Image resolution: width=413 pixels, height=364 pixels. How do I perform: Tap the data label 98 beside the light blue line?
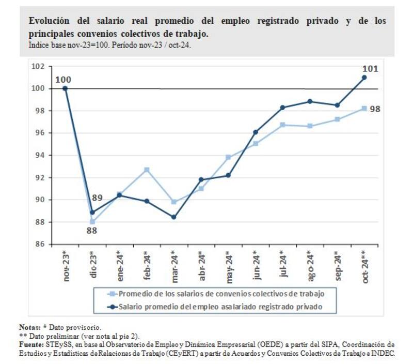click(375, 110)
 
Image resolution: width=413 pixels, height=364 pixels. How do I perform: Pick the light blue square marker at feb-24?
click(147, 170)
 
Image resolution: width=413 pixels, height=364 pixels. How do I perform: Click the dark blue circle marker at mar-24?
click(174, 217)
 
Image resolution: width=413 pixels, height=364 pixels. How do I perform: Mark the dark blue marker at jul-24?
click(282, 108)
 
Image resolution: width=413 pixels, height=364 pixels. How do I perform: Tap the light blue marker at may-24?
click(228, 157)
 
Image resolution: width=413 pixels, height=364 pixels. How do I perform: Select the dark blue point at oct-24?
click(364, 78)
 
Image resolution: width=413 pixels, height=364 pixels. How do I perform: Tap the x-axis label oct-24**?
click(364, 267)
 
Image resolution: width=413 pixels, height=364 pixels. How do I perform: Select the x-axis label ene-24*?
click(120, 265)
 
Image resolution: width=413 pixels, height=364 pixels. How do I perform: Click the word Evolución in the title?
click(48, 21)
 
